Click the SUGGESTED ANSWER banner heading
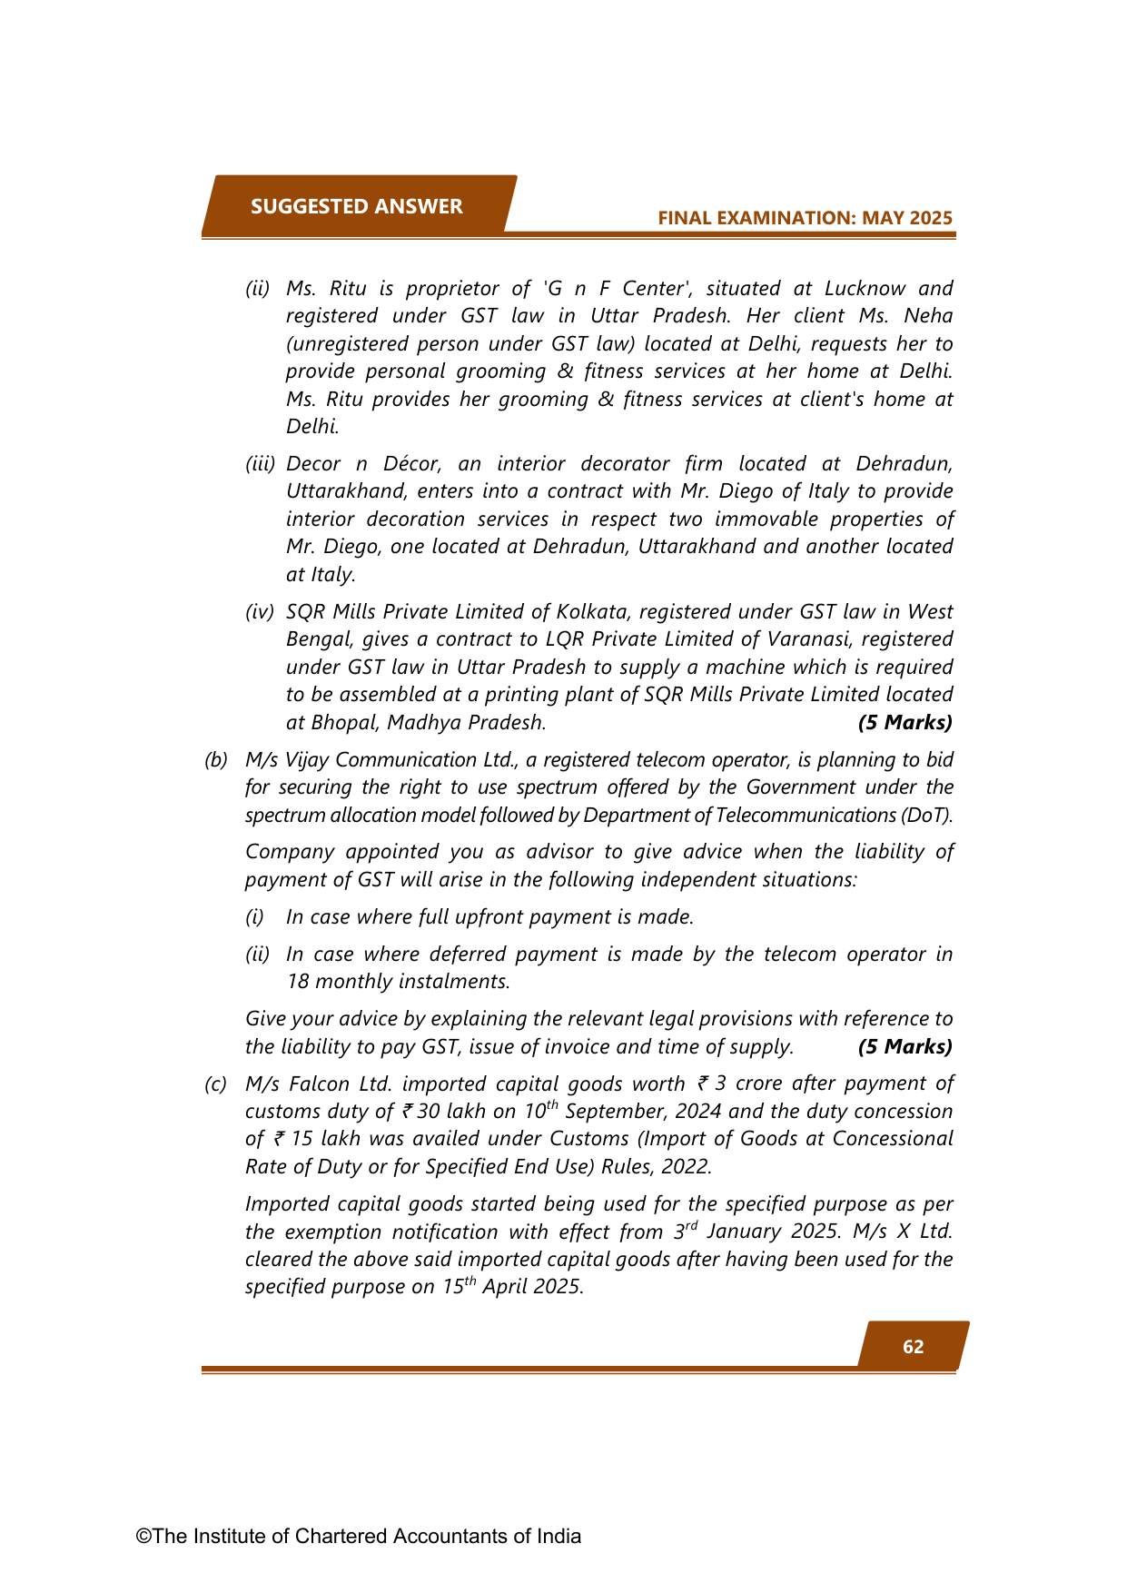coord(356,206)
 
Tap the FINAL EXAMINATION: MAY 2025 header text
coord(805,218)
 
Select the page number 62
coord(913,1346)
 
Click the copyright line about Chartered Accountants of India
coord(359,1536)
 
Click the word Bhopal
coord(345,723)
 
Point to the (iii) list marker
coord(260,464)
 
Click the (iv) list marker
coord(260,612)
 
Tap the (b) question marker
coord(215,760)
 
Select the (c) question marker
coord(215,1084)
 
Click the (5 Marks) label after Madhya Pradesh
coord(905,723)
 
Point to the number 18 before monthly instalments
coord(297,982)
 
